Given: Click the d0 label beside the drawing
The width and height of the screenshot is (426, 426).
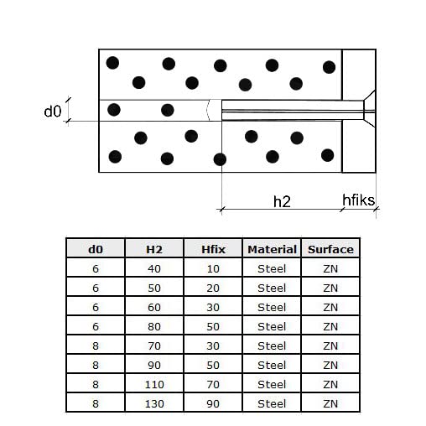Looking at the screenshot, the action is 53,112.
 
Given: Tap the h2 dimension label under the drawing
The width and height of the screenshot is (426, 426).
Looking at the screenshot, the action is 282,201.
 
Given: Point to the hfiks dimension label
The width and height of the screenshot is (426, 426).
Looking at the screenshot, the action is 358,200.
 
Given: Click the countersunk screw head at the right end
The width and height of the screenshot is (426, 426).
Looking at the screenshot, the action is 369,109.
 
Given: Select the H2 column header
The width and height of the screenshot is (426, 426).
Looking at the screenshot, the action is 154,249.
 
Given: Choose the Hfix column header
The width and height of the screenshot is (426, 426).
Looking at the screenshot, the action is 213,249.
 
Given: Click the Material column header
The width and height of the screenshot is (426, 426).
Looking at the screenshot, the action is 272,249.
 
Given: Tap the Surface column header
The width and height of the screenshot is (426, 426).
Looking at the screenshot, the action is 330,249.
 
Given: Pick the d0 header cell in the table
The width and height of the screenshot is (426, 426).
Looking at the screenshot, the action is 96,249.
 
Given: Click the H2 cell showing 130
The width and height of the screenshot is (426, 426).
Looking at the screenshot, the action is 154,404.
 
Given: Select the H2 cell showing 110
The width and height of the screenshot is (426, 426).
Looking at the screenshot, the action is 154,385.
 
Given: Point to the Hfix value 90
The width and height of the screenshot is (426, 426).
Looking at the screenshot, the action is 213,404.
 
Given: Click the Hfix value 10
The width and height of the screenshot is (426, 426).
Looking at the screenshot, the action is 213,269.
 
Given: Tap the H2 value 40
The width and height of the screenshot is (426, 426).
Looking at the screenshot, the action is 154,269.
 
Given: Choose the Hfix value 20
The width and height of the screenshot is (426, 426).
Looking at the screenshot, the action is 213,288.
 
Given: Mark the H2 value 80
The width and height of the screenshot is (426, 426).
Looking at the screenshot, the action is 154,327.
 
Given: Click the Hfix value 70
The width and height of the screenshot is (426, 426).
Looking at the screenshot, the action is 213,385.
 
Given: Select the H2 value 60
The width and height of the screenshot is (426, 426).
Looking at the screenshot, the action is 154,308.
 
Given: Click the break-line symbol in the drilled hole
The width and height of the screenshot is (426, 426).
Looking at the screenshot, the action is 208,111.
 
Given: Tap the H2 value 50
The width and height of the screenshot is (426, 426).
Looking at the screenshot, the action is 154,288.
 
